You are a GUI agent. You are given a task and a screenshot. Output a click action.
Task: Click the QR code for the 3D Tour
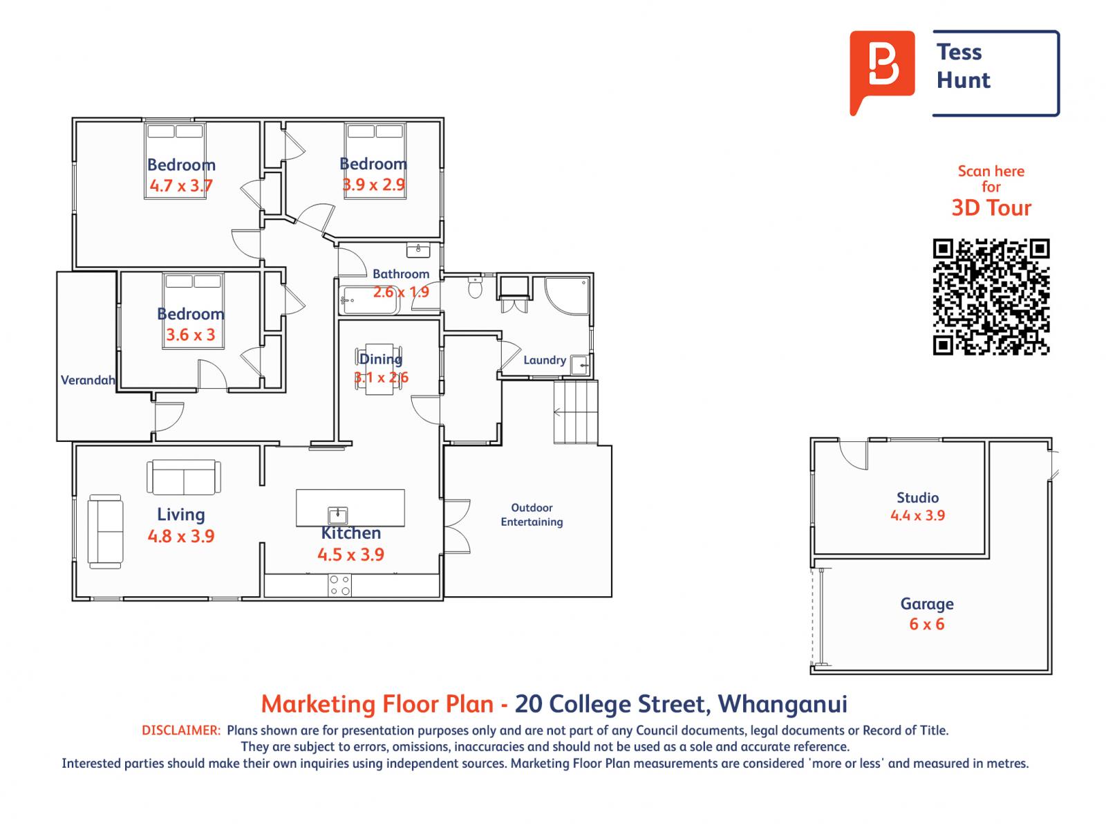tap(991, 297)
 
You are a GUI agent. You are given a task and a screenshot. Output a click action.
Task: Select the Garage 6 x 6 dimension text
tap(926, 624)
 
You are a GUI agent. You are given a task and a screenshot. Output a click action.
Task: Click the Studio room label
tap(917, 497)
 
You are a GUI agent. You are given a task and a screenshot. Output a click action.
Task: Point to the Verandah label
tap(87, 380)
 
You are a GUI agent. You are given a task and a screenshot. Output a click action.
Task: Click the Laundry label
tap(544, 360)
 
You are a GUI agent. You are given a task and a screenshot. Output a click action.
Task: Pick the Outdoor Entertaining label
tap(532, 515)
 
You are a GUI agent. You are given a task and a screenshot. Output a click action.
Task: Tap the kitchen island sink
tap(337, 515)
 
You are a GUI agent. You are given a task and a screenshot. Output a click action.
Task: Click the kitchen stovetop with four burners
tap(339, 585)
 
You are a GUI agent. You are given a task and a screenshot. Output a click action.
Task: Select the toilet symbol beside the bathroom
tap(475, 287)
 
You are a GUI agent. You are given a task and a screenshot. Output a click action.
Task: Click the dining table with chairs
tap(379, 369)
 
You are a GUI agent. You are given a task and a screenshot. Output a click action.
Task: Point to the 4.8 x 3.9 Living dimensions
tap(180, 536)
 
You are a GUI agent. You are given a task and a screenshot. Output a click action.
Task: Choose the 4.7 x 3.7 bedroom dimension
tap(180, 185)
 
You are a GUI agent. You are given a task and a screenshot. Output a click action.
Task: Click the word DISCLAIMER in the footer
tap(180, 730)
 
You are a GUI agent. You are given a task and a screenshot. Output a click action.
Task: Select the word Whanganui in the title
tap(782, 704)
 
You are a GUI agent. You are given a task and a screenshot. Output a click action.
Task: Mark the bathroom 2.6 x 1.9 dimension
tap(401, 292)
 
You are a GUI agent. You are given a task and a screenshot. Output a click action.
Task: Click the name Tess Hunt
tap(963, 66)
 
